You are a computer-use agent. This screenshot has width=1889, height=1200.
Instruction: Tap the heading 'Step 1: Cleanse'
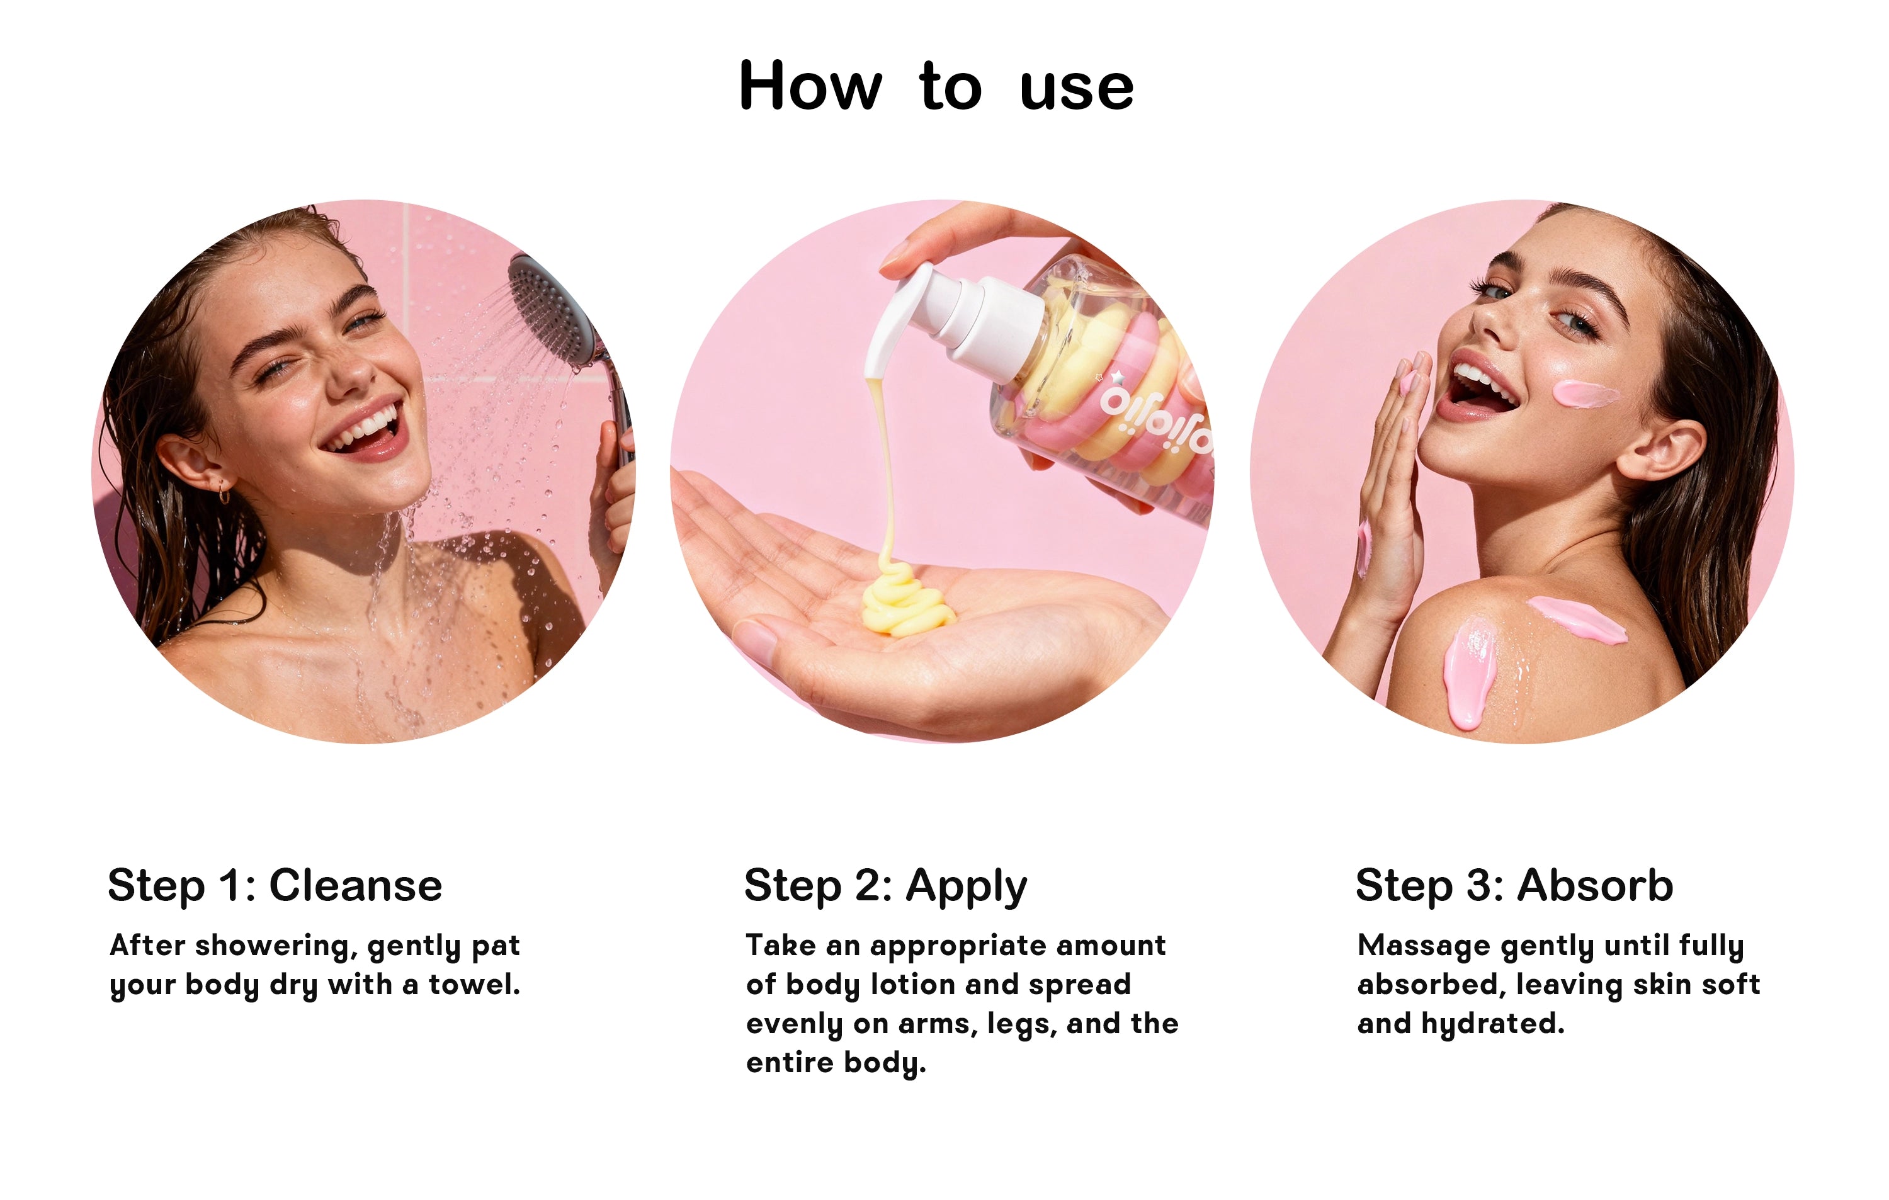(x=275, y=886)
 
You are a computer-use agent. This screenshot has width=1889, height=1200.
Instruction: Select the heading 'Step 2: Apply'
(x=885, y=887)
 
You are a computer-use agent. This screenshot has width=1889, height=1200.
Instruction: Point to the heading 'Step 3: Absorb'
(x=1514, y=886)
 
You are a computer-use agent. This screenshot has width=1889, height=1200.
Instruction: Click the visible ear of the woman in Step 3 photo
(x=1659, y=450)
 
